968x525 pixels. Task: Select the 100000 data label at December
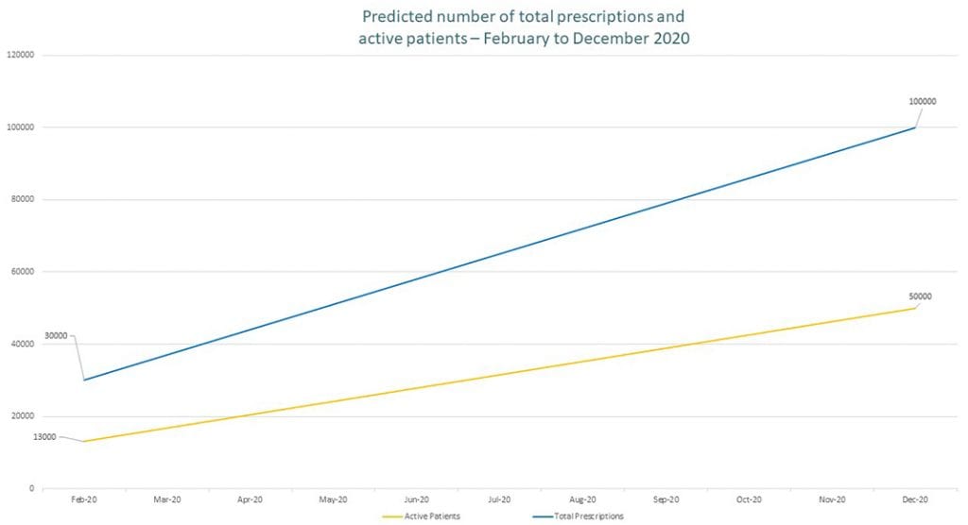pyautogui.click(x=922, y=101)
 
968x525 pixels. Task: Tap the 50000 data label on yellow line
pyautogui.click(x=919, y=296)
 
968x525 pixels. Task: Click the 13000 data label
pyautogui.click(x=44, y=437)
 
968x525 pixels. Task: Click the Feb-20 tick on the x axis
pyautogui.click(x=84, y=499)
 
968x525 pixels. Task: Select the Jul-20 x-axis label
pyautogui.click(x=500, y=499)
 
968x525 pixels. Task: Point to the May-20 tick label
pyautogui.click(x=334, y=499)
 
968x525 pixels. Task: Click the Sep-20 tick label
pyautogui.click(x=666, y=499)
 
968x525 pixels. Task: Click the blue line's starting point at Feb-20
pyautogui.click(x=84, y=380)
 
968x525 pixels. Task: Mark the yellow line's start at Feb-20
pyautogui.click(x=84, y=441)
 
